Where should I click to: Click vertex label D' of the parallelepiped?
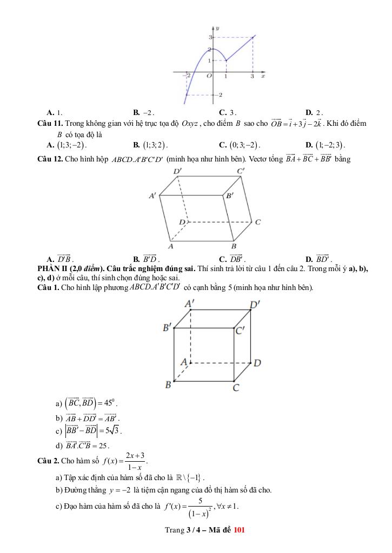click(x=177, y=171)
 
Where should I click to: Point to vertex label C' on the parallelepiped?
click(x=241, y=171)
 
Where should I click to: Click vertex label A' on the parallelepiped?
click(x=153, y=196)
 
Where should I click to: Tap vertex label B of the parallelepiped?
click(x=234, y=246)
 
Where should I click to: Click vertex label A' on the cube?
click(x=190, y=304)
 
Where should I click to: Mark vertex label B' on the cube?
click(x=168, y=327)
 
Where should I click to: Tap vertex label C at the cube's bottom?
click(x=236, y=387)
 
